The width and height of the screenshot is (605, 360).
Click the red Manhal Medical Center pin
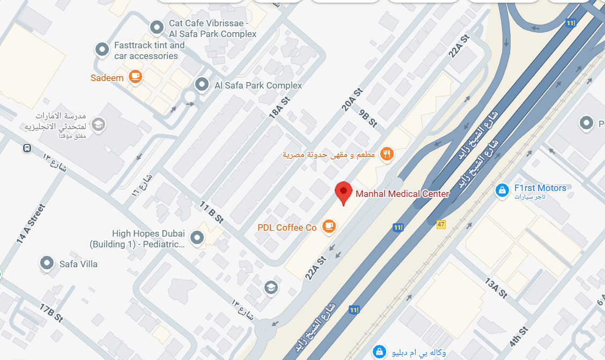pos(343,192)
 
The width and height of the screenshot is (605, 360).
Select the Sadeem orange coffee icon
pos(135,77)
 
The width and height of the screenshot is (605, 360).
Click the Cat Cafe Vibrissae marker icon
pos(157,26)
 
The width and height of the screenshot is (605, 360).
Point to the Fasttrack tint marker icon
pos(102,50)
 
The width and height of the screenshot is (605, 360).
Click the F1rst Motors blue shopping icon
pos(502,189)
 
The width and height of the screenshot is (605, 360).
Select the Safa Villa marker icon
pos(47,263)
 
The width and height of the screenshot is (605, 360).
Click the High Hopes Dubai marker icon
pos(197,237)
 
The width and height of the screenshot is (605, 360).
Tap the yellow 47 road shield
pos(441,224)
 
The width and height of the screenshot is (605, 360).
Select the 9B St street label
pos(368,117)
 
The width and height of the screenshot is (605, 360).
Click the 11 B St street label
pos(211,212)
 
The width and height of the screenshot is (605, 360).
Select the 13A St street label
pos(496,288)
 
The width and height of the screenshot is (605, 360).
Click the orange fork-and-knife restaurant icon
pos(387,155)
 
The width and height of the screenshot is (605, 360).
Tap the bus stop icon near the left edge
pos(27,148)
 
